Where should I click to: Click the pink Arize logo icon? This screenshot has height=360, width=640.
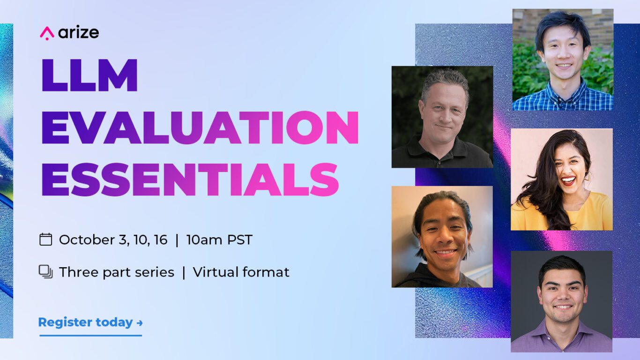47,33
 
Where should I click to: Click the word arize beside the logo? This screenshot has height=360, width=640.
79,32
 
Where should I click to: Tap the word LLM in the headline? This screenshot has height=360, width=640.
89,75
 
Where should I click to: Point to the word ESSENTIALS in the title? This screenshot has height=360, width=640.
190,179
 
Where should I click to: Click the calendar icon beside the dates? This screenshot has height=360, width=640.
46,240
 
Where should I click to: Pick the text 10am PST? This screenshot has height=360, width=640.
219,240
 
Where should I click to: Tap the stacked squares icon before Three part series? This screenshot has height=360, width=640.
46,272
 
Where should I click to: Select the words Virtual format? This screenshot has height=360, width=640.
241,272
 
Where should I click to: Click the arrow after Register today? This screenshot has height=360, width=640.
140,323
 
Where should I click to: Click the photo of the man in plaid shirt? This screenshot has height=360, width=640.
563,60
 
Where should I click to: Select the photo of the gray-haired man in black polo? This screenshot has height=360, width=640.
442,117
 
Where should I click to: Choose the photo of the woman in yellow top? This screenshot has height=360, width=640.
562,180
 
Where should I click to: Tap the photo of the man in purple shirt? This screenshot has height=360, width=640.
562,302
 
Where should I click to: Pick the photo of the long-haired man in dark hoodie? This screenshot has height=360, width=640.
442,237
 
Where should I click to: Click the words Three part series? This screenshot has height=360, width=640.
117,272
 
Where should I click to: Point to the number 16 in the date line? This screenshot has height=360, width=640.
160,240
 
